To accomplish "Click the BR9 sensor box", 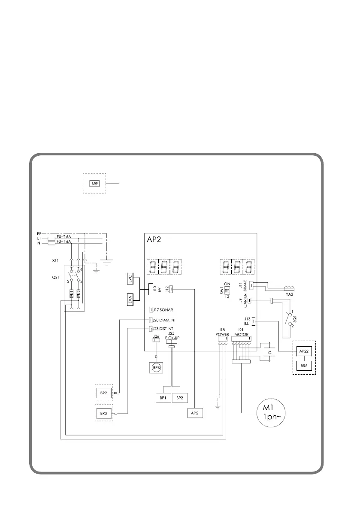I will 94,184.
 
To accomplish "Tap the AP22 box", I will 304,351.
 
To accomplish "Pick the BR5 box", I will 304,366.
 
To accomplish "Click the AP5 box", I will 194,413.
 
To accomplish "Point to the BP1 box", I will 163,398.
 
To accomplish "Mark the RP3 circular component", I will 156,367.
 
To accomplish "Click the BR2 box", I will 103,393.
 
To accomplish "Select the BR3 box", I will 103,413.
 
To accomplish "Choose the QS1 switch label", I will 50,277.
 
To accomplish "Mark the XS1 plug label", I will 50,260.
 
